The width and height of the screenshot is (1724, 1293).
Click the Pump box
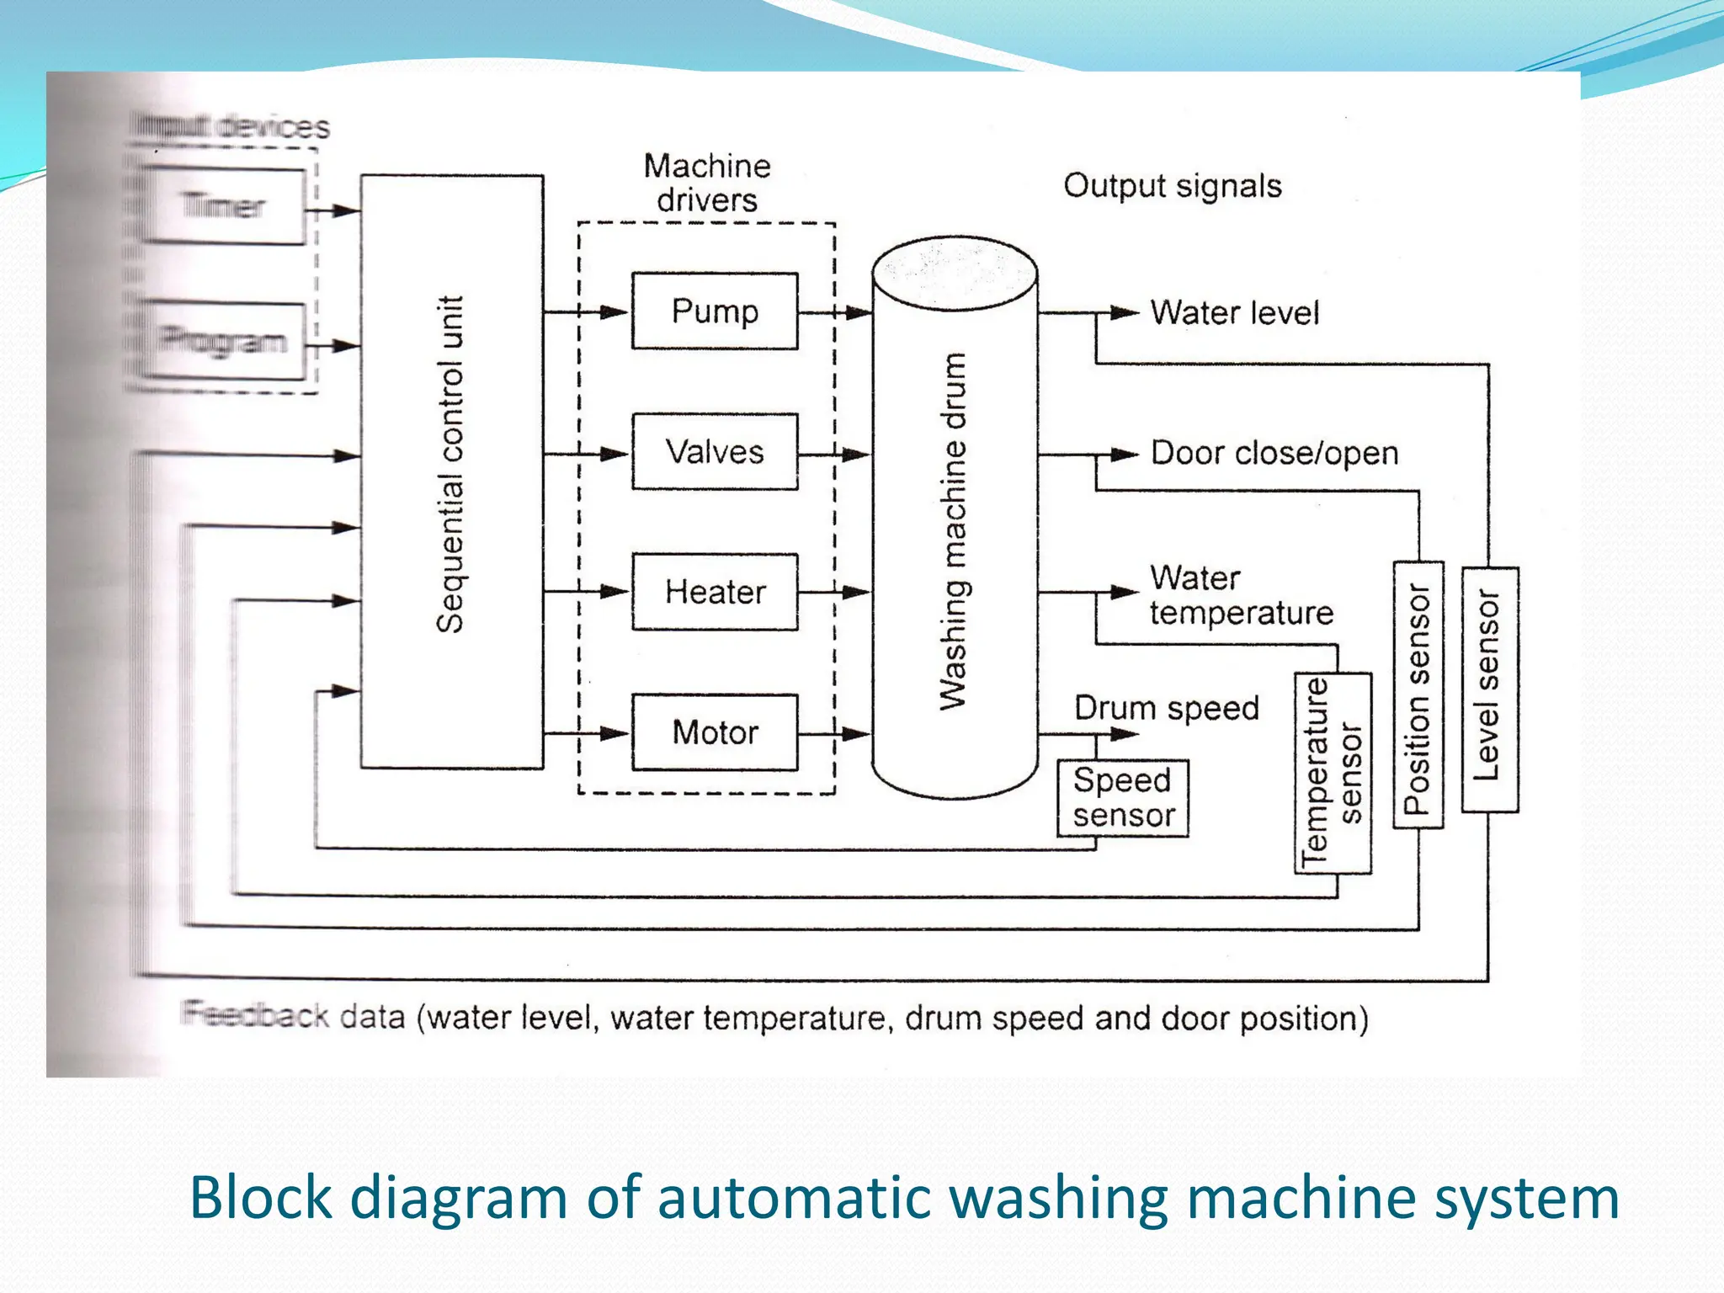pyautogui.click(x=715, y=311)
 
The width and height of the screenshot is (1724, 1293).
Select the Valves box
pyautogui.click(x=715, y=452)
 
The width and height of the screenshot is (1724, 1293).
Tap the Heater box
pyautogui.click(x=715, y=592)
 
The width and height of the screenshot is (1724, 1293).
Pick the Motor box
pyautogui.click(x=715, y=732)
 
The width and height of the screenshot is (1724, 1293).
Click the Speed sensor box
pyautogui.click(x=1123, y=798)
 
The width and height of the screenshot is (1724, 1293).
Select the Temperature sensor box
pyautogui.click(x=1333, y=773)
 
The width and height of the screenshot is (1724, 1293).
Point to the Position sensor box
pyautogui.click(x=1418, y=695)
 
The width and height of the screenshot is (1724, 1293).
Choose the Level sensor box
pyautogui.click(x=1490, y=689)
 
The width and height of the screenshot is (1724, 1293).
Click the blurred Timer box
pyautogui.click(x=224, y=206)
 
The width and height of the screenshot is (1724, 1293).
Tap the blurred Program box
pyautogui.click(x=224, y=341)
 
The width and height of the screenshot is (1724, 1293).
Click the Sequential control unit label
pyautogui.click(x=450, y=465)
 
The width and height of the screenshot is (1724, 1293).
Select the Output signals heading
pyautogui.click(x=1172, y=186)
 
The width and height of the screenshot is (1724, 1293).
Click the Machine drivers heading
pyautogui.click(x=707, y=183)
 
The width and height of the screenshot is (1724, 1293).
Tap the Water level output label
pyautogui.click(x=1234, y=313)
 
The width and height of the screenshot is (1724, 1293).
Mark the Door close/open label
pyautogui.click(x=1274, y=454)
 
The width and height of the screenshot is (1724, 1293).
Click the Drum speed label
pyautogui.click(x=1166, y=708)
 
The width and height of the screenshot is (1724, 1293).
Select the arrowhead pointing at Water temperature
pyautogui.click(x=1125, y=593)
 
